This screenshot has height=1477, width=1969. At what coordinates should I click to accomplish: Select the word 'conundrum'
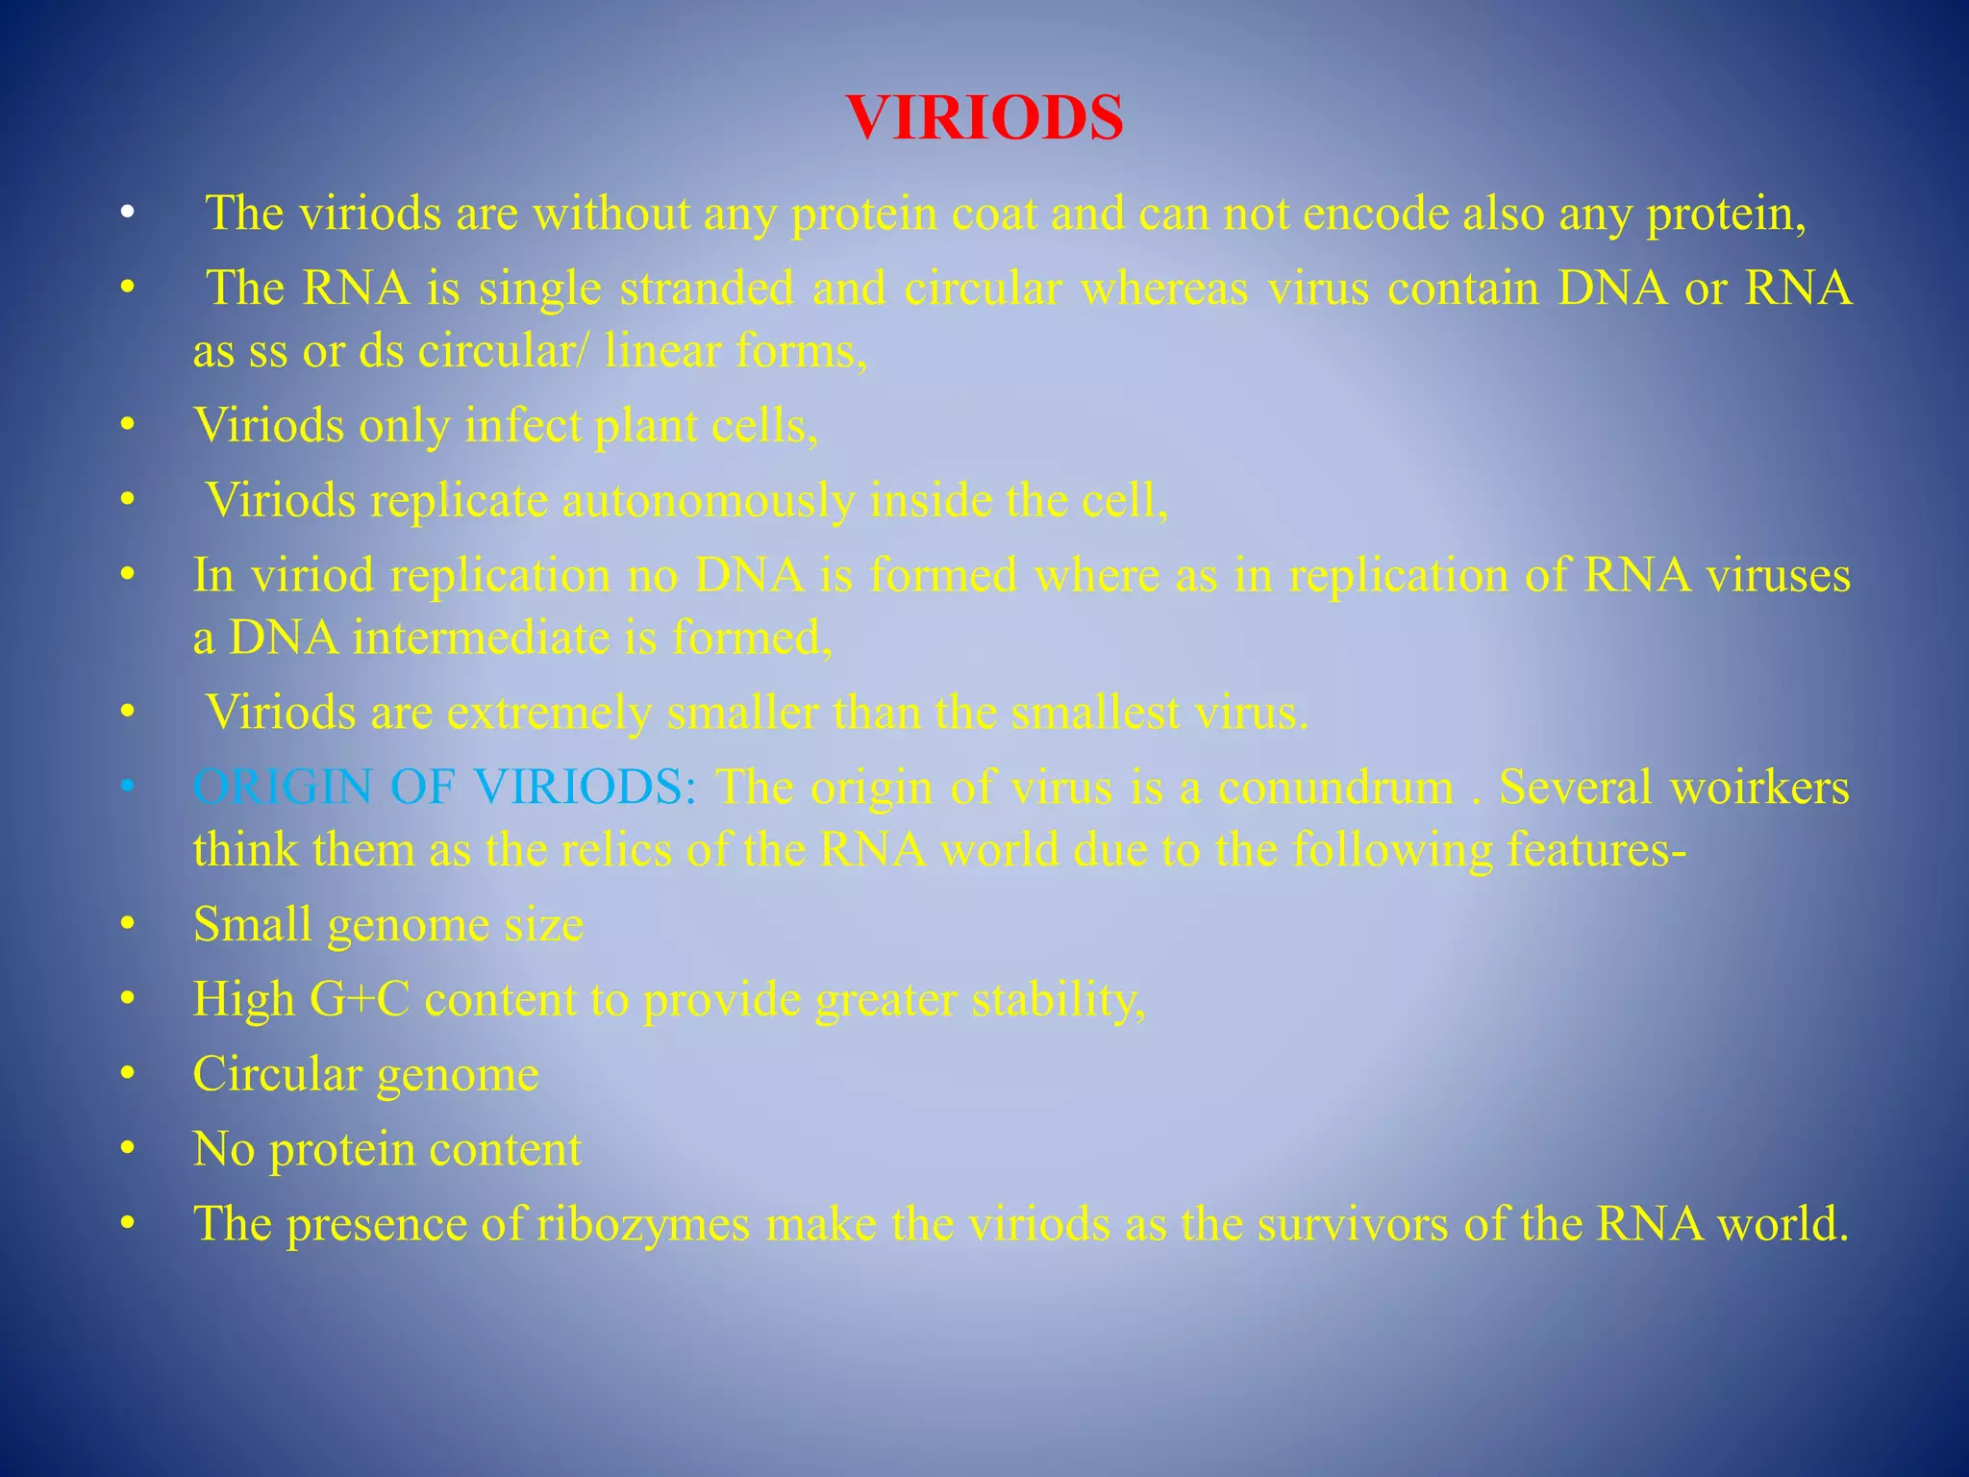(x=1335, y=788)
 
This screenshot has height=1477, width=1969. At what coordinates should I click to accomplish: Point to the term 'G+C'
(x=359, y=1000)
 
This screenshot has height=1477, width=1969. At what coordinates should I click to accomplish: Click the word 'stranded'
(x=707, y=288)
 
